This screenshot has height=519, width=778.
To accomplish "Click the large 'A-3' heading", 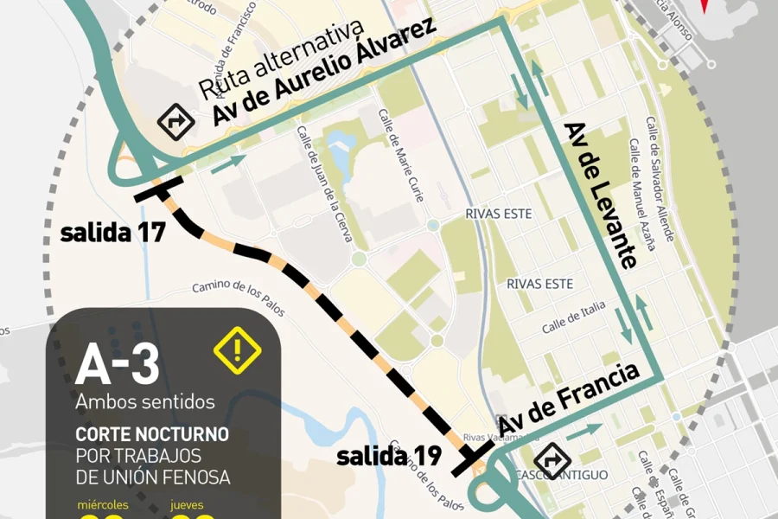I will tap(118, 365).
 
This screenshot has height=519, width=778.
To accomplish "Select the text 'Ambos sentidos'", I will tap(144, 402).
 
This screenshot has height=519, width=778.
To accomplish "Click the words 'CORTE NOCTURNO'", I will tap(152, 433).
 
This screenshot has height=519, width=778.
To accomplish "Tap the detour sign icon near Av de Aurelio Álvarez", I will tap(174, 122).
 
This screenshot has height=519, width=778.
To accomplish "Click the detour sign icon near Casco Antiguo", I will tap(551, 460).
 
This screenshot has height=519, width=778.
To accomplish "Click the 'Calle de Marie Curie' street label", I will tap(400, 155).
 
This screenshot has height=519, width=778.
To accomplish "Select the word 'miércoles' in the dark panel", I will tap(103, 504).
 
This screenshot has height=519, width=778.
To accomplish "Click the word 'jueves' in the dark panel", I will tap(188, 504).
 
